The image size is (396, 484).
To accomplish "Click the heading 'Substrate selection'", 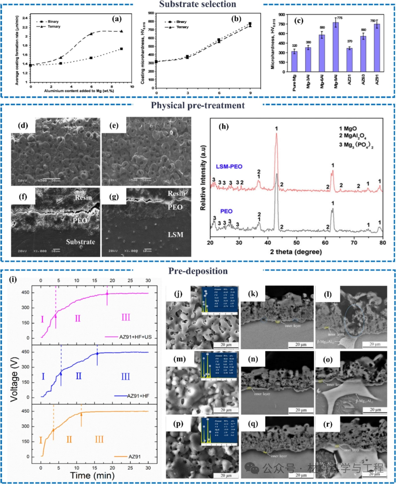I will (198, 4).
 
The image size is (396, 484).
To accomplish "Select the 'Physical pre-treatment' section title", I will (198, 106).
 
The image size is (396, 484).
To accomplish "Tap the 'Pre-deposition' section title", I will (198, 271).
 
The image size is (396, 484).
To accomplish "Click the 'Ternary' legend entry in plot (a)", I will (54, 26).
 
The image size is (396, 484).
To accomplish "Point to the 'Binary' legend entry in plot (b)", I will (181, 22).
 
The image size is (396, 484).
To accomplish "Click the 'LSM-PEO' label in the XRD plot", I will (229, 167).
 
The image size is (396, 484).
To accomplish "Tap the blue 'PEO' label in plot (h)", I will (226, 211).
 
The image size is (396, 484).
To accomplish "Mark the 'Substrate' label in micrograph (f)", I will (80, 242).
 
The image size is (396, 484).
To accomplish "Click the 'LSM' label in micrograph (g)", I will (175, 234).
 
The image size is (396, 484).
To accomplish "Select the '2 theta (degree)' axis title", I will (296, 252).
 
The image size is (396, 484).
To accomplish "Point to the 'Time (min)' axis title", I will (92, 476).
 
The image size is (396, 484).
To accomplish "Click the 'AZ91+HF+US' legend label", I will (135, 337).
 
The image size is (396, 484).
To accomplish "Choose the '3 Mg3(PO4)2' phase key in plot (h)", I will (356, 145).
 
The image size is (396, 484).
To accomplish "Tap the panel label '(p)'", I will (178, 424).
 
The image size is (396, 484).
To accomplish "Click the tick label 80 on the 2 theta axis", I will (382, 243).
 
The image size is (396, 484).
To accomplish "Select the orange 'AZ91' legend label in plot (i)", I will (134, 456).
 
